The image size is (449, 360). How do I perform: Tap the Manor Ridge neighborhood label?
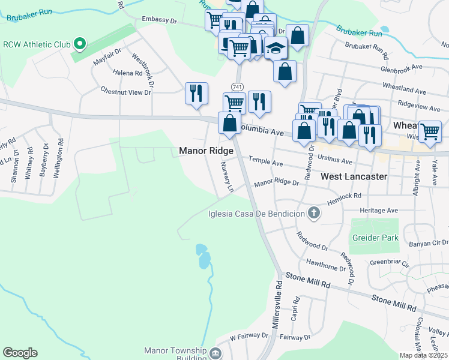point(206,151)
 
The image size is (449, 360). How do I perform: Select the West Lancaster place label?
point(354,176)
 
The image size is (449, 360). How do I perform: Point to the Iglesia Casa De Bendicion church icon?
point(313,213)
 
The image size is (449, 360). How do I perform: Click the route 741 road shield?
point(237,87)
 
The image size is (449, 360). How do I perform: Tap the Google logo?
point(20,353)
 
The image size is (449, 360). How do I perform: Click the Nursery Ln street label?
point(226,177)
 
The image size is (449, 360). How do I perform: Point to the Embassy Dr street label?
point(159,19)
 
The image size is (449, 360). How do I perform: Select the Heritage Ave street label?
point(379,211)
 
